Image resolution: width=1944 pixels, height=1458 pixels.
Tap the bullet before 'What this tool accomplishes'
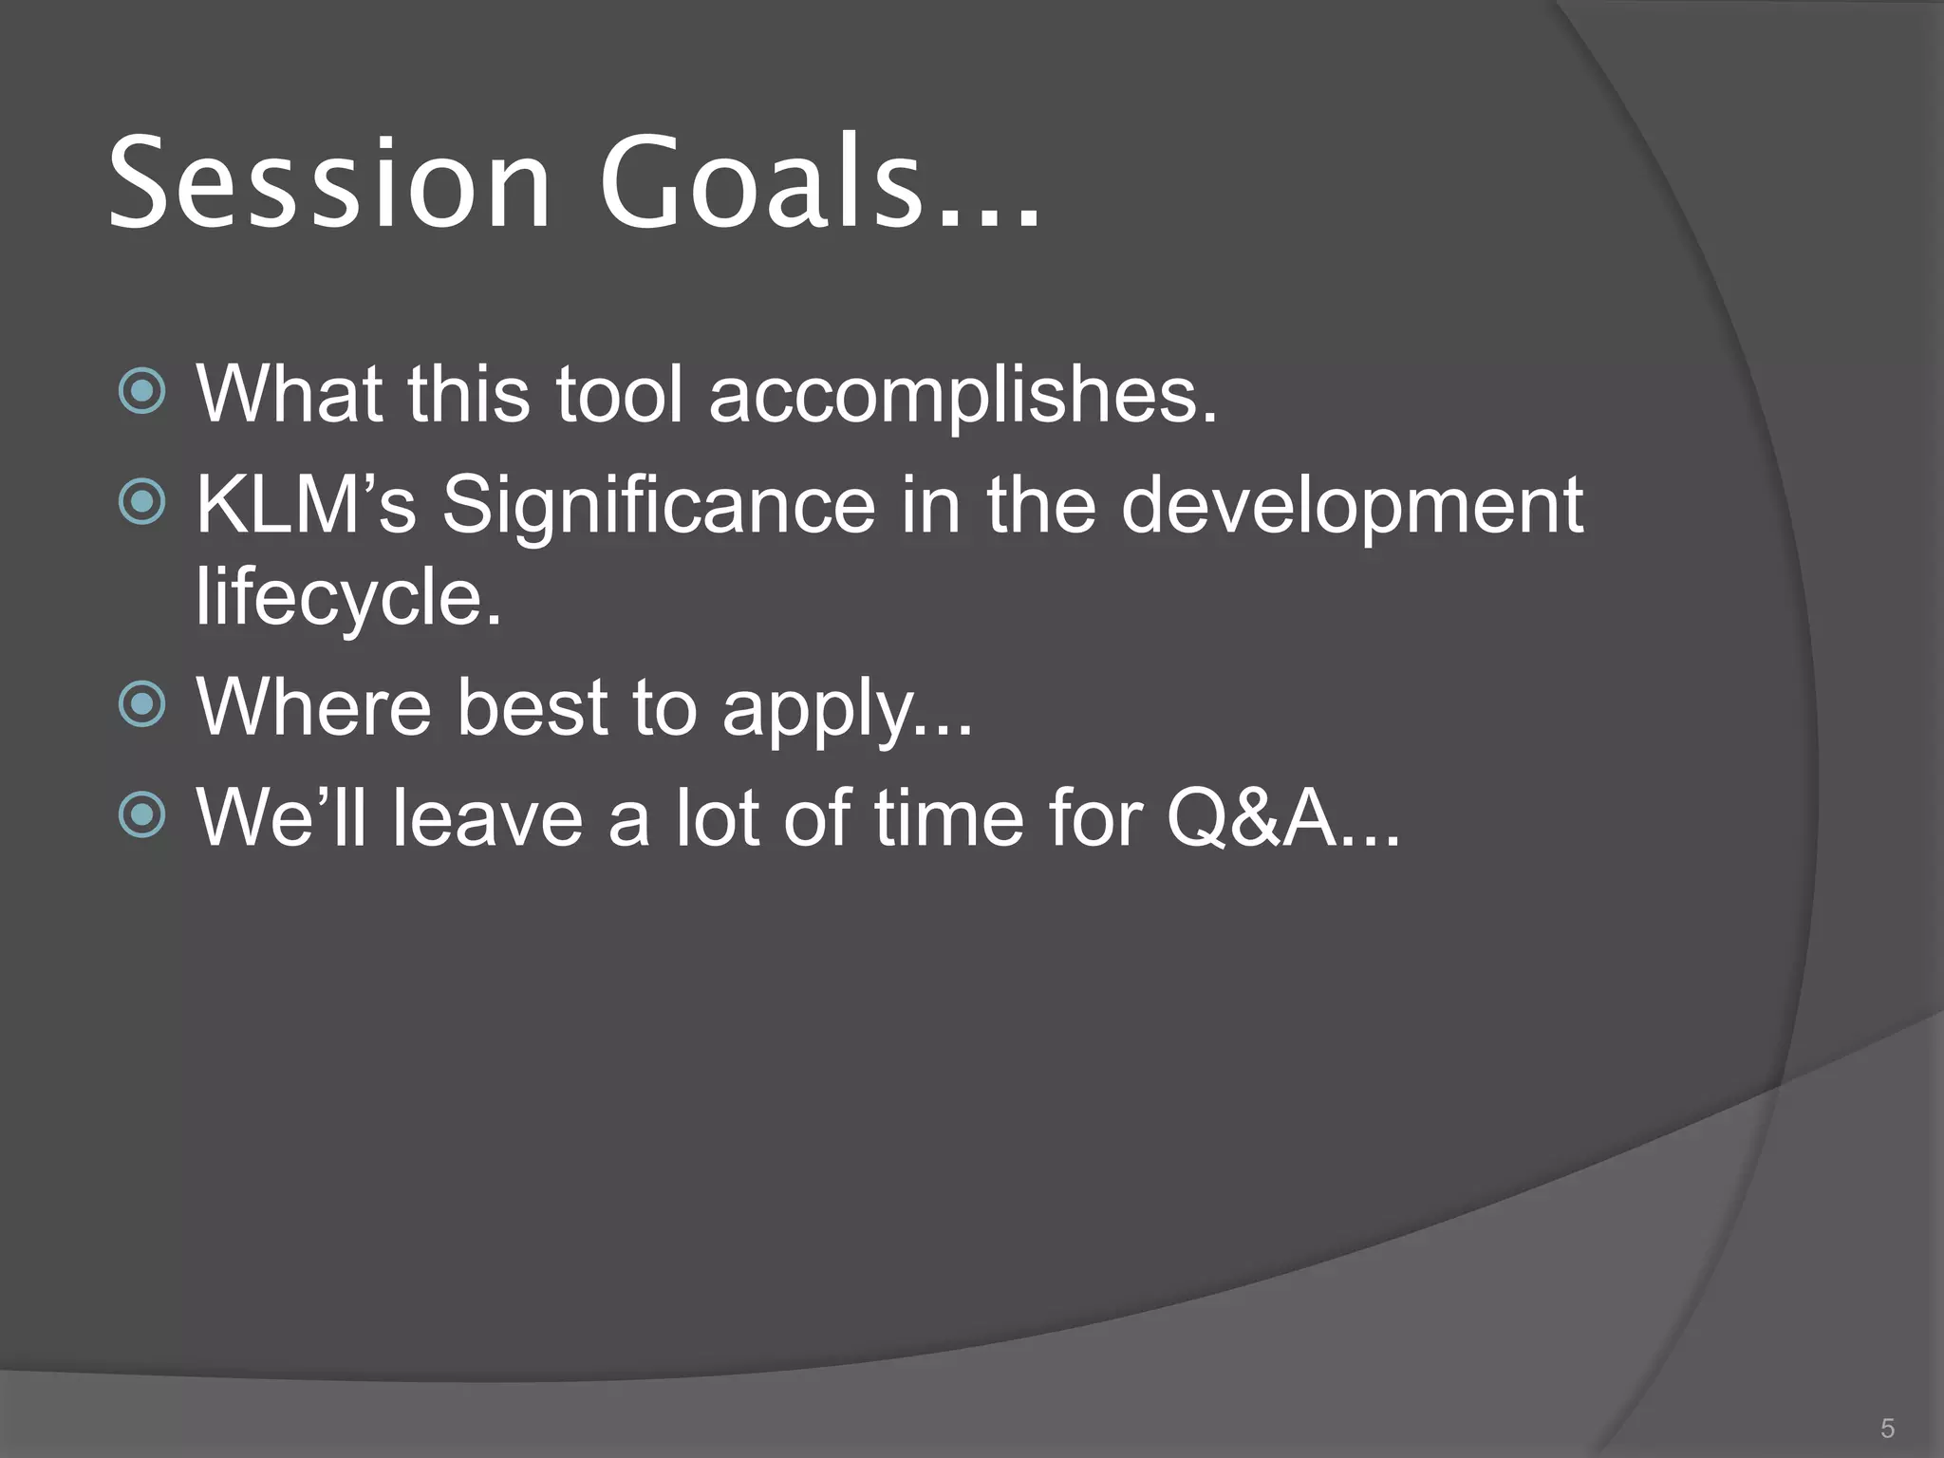(x=143, y=391)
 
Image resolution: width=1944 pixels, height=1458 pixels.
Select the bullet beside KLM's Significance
(x=143, y=502)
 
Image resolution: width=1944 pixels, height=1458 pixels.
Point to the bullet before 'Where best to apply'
(x=143, y=704)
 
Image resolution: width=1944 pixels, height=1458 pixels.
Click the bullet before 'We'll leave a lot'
(x=143, y=814)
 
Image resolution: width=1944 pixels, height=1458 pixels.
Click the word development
(x=1352, y=506)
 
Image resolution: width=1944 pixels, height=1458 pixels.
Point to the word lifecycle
(x=348, y=598)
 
